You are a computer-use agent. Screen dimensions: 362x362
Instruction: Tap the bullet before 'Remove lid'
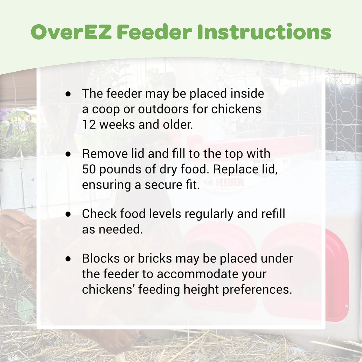68,154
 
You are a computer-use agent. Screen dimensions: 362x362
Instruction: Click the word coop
106,110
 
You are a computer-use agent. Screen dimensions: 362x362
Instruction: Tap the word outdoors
163,109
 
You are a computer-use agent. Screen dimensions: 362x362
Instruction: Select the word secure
162,185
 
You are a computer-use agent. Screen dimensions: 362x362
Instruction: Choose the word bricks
155,258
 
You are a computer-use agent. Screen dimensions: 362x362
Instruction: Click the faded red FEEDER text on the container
230,182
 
